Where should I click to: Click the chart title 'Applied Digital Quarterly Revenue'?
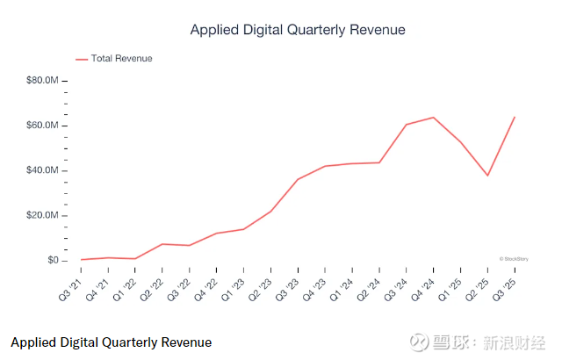pos(298,30)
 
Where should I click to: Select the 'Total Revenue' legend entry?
pos(121,59)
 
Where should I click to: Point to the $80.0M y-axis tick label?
pos(42,81)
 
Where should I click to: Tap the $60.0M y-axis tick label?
pos(42,126)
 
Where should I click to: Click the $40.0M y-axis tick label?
pos(42,170)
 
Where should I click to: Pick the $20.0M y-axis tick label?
pos(42,215)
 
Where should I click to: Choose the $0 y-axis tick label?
pos(52,261)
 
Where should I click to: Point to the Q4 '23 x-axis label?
pos(314,285)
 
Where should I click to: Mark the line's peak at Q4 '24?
pos(434,117)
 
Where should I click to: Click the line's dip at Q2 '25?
pos(488,176)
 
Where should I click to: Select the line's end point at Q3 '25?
pos(515,117)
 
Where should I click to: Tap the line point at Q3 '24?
pos(407,124)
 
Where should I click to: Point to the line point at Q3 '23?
pos(298,179)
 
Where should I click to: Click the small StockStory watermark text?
pos(513,259)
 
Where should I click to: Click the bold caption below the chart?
pos(112,342)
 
